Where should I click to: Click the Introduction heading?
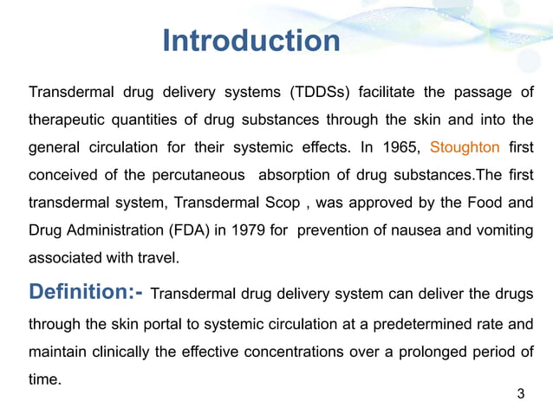(x=251, y=41)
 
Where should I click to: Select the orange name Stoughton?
(x=465, y=147)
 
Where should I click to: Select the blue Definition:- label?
(x=86, y=292)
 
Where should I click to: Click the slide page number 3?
(x=520, y=395)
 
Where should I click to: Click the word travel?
(x=159, y=257)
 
